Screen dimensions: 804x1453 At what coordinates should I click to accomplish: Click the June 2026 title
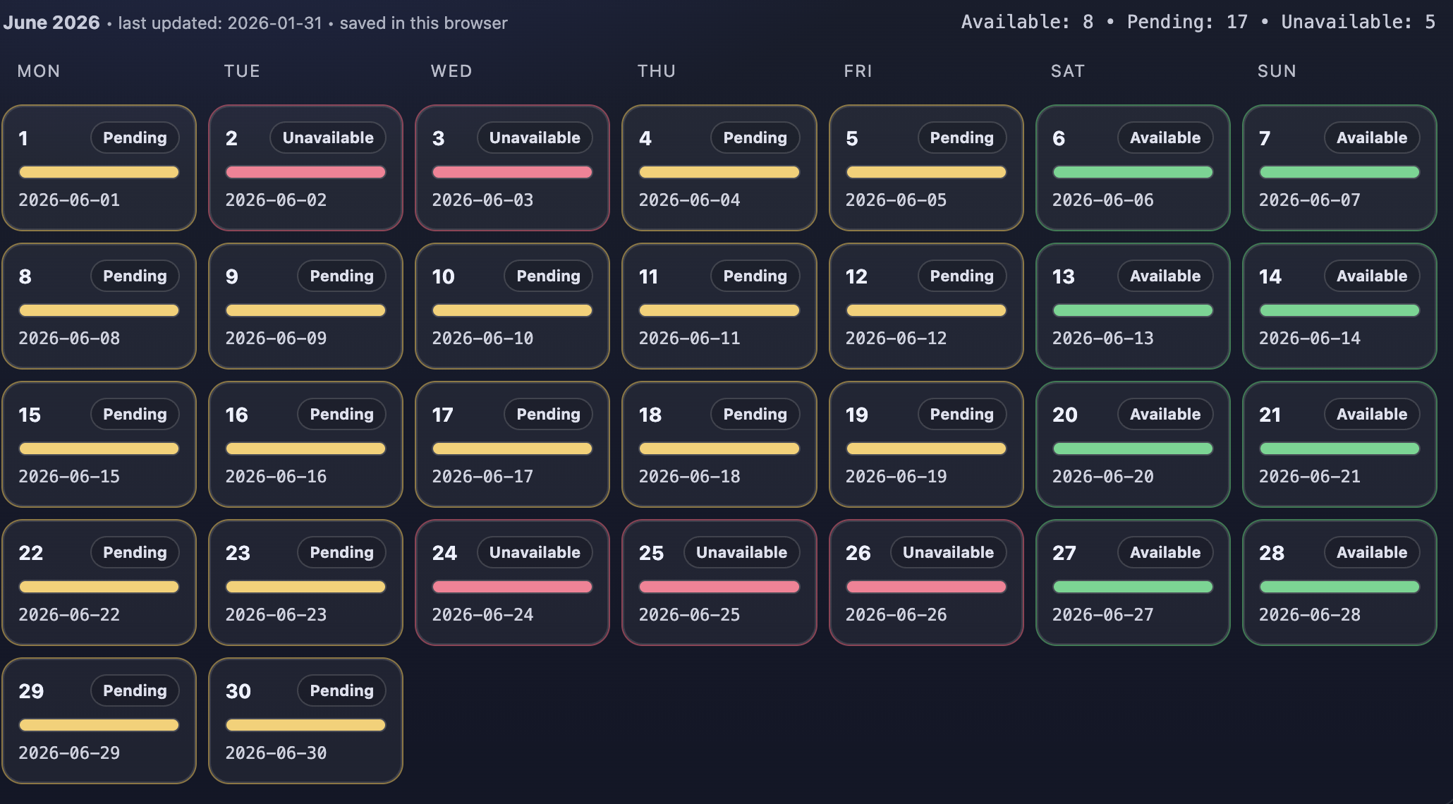coord(51,23)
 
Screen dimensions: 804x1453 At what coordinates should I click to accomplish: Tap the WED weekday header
coord(451,71)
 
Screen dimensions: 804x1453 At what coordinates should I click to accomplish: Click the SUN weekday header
coord(1277,71)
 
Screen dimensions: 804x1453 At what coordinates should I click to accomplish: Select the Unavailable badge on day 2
coord(328,138)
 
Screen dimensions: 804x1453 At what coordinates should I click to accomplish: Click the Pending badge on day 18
coord(755,414)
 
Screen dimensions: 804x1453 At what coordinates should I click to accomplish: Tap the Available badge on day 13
coord(1165,276)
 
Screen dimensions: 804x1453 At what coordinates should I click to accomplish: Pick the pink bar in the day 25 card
coord(719,587)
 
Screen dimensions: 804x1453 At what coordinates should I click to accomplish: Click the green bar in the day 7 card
coord(1339,172)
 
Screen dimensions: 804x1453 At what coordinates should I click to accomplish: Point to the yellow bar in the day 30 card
coord(305,725)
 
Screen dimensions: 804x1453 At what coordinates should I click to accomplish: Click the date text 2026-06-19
coord(896,477)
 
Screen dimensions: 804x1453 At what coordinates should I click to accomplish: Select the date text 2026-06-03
coord(482,200)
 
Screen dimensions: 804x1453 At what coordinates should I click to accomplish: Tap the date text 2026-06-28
coord(1309,615)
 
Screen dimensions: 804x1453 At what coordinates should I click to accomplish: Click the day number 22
coord(31,553)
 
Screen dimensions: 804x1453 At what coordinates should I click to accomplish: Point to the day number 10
coord(443,276)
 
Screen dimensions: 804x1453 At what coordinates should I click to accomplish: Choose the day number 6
coord(1059,138)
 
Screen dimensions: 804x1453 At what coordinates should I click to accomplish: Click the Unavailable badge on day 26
coord(948,552)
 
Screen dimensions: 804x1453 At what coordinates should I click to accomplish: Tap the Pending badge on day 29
coord(135,690)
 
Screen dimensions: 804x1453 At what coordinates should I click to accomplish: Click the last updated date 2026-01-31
coord(274,23)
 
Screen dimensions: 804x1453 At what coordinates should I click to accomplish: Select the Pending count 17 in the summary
coord(1236,22)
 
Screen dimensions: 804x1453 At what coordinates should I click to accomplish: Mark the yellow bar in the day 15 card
coord(99,449)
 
